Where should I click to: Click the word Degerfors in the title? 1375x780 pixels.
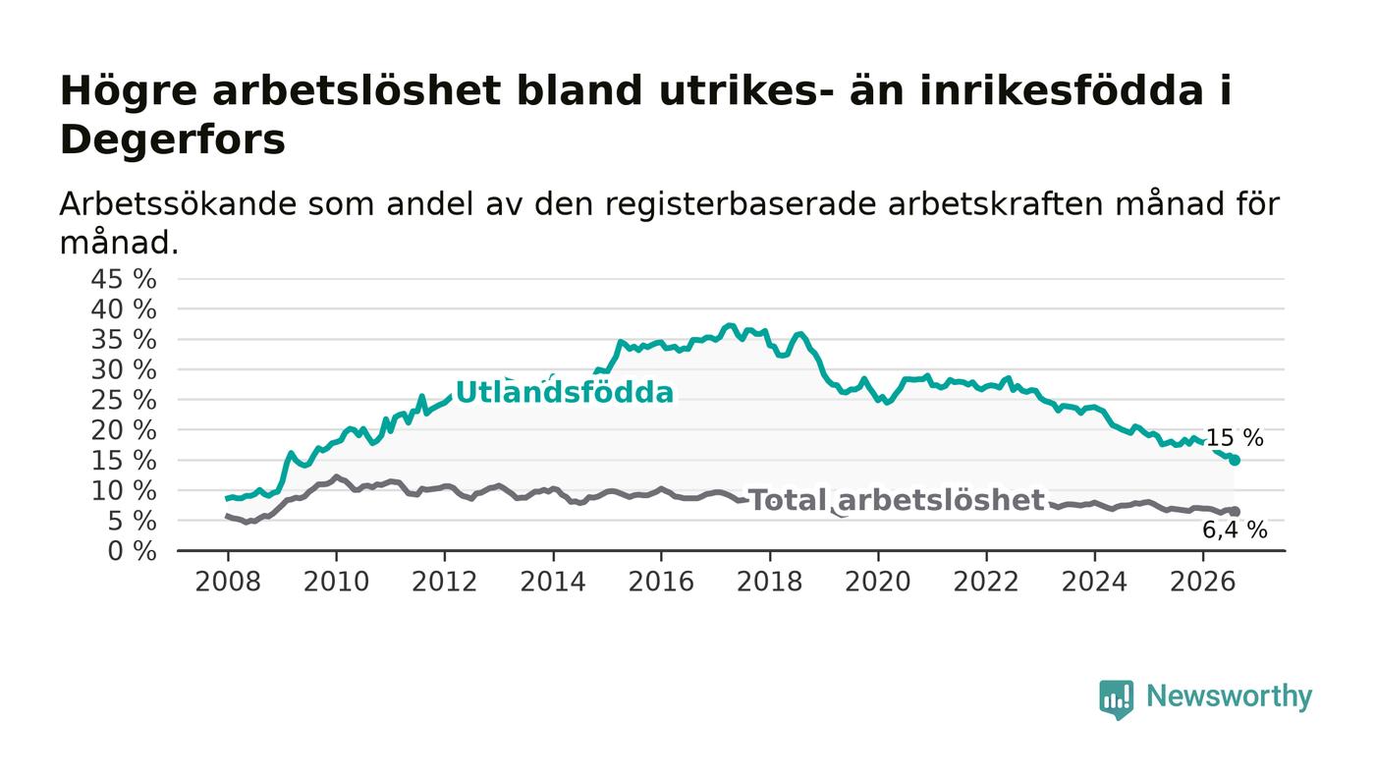(173, 140)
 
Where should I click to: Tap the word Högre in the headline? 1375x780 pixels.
(129, 92)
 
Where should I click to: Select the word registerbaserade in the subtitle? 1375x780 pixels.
(741, 204)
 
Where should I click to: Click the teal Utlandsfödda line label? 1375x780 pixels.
(564, 392)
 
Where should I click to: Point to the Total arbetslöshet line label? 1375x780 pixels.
(897, 500)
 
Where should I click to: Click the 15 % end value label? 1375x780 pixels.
(1235, 438)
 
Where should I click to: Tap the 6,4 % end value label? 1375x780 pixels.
(1235, 529)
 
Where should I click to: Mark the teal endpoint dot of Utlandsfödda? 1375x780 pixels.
(1236, 460)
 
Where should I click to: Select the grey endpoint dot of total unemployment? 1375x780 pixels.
(1236, 512)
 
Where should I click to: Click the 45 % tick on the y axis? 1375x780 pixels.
(124, 279)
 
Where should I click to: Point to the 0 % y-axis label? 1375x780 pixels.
(132, 551)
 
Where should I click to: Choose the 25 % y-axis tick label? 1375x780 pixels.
(124, 401)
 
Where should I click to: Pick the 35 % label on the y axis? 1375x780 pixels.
(124, 340)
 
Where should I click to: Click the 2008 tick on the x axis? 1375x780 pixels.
(228, 582)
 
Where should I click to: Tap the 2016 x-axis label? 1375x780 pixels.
(661, 582)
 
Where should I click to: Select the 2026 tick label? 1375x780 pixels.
(1202, 582)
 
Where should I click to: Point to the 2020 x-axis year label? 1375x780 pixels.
(878, 582)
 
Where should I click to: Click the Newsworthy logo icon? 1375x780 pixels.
(1116, 699)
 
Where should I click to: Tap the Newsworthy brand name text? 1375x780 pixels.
(1229, 696)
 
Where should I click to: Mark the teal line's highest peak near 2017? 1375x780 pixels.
(729, 325)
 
